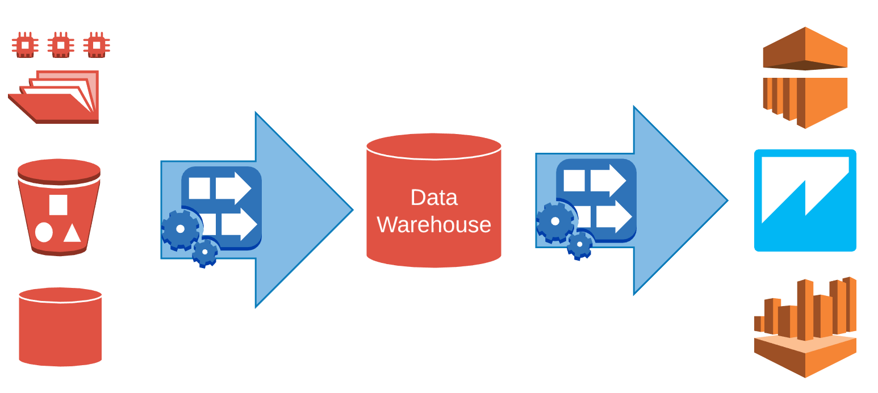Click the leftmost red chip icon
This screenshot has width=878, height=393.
[x=25, y=45]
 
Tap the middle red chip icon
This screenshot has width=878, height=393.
[x=61, y=45]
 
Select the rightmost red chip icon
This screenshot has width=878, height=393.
[x=97, y=45]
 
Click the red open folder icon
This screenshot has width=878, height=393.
[x=54, y=98]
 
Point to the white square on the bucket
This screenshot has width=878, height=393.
[x=58, y=205]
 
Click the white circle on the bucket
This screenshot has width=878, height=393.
[x=44, y=232]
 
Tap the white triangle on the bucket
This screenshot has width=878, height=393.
[x=72, y=233]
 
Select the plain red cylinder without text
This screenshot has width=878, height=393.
[x=60, y=327]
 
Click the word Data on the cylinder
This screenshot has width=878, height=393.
[x=434, y=198]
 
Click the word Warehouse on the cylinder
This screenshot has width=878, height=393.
[x=434, y=225]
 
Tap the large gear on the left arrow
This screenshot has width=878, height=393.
[x=180, y=229]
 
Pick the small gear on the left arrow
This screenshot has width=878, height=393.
[x=205, y=252]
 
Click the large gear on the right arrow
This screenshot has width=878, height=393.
[x=555, y=221]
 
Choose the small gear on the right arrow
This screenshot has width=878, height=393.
[x=579, y=245]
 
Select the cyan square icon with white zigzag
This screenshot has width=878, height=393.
[x=805, y=200]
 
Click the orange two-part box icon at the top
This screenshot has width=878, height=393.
[x=805, y=78]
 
